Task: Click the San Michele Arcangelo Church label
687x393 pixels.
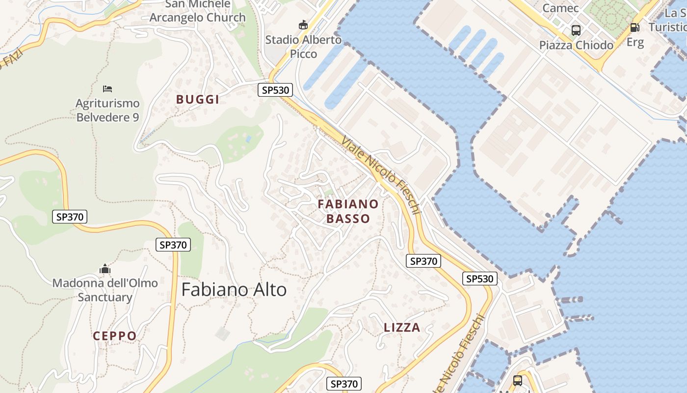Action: pos(197,11)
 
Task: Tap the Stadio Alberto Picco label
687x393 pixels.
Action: pos(303,47)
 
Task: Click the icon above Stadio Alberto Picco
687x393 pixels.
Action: pos(304,25)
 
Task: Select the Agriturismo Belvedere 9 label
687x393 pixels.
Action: pos(107,110)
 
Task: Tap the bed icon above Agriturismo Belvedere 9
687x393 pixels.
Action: pos(107,89)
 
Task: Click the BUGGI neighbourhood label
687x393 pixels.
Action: pos(198,99)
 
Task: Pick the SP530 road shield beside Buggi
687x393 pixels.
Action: pos(275,90)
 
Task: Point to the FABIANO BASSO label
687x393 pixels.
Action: pos(348,211)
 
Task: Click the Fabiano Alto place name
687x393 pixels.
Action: pos(234,290)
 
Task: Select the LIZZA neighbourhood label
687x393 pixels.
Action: pos(402,328)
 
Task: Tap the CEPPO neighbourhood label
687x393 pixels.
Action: pos(115,336)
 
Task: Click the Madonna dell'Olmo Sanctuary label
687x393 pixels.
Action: pos(105,290)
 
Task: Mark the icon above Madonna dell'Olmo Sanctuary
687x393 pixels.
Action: pos(105,269)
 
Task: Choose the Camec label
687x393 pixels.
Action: pos(560,8)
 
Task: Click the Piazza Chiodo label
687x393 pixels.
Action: pos(576,45)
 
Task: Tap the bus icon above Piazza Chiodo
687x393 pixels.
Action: pos(576,30)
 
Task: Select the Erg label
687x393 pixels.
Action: pos(635,42)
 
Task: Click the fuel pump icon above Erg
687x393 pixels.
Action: pos(634,28)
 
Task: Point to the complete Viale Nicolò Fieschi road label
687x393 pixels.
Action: pos(381,175)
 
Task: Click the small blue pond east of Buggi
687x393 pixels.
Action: pos(248,139)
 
